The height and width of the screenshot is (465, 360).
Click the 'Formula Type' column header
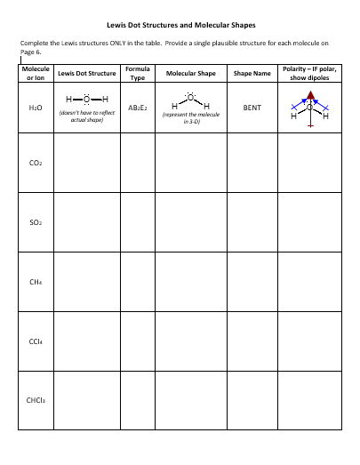coord(137,73)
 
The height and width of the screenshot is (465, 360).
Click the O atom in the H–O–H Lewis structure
coord(86,99)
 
